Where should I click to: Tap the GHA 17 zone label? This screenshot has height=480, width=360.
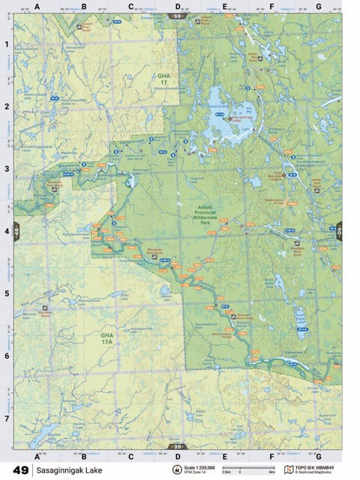(x=164, y=78)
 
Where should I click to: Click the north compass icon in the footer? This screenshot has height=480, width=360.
(x=178, y=470)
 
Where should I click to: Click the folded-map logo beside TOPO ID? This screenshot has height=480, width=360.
(x=289, y=469)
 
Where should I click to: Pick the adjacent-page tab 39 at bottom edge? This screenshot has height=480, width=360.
(x=178, y=447)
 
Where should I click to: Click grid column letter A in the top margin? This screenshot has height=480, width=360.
(x=37, y=7)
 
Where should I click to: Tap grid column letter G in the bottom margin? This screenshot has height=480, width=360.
(x=318, y=455)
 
